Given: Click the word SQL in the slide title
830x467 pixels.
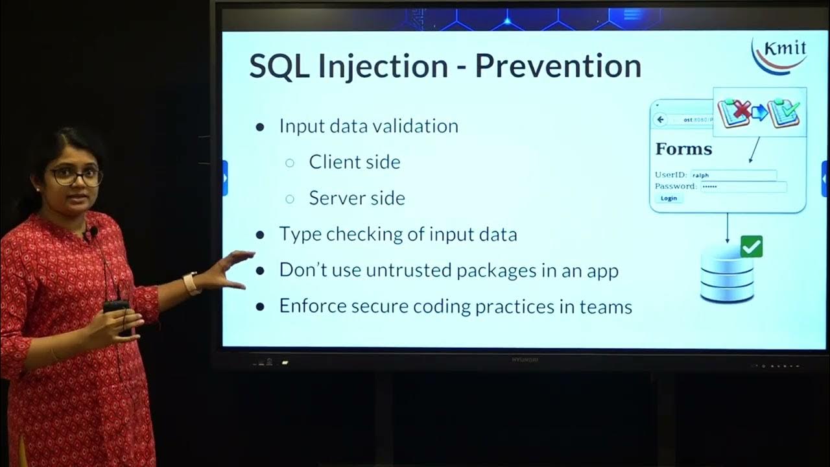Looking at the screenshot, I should click(x=278, y=66).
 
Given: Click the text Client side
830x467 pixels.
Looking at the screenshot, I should click(x=354, y=162).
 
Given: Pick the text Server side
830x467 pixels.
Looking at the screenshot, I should click(x=357, y=197).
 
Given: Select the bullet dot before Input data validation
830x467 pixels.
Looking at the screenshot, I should click(x=261, y=127).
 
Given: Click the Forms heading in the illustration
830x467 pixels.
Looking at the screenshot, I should click(x=683, y=149).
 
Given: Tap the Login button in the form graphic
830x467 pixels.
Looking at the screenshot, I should click(x=669, y=198).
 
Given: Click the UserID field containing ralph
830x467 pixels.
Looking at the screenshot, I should click(x=733, y=175).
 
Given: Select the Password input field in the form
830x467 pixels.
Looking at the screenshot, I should click(x=743, y=187).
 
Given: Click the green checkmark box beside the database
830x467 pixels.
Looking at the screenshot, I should click(x=751, y=246).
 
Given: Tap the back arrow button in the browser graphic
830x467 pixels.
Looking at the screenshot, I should click(x=660, y=120).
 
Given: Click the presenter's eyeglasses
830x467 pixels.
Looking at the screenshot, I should click(x=76, y=175).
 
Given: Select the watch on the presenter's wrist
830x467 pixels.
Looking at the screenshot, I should click(x=191, y=283).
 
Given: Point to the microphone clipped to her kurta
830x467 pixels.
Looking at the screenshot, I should click(x=93, y=231).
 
